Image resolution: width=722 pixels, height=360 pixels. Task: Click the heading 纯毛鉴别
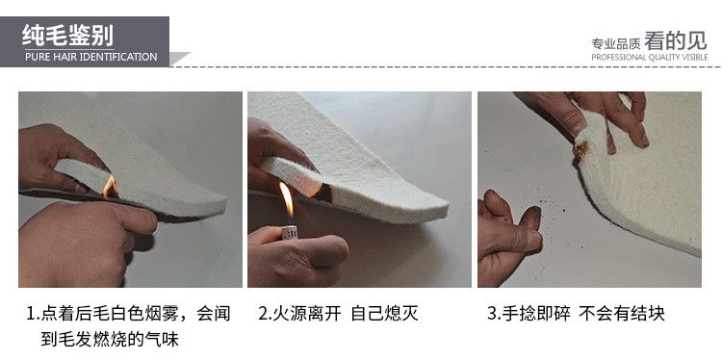[x=67, y=36]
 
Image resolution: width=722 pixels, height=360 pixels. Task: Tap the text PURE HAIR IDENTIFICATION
[x=91, y=57]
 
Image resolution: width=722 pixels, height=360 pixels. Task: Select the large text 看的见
[x=676, y=41]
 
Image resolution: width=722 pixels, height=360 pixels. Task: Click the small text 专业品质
[x=616, y=44]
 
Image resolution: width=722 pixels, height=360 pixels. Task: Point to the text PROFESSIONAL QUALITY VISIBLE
[x=650, y=58]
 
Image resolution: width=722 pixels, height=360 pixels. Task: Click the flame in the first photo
[x=111, y=186]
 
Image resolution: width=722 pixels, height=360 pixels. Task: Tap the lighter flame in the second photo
[x=287, y=199]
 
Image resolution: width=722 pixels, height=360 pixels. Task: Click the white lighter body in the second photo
[x=290, y=232]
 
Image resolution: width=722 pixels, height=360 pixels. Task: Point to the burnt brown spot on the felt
[x=581, y=149]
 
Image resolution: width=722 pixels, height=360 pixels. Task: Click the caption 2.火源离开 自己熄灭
[x=339, y=314]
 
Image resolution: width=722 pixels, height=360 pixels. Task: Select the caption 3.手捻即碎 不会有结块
[x=576, y=314]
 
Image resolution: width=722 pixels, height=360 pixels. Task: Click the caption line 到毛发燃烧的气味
[x=110, y=340]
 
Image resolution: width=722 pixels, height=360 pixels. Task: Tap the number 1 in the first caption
[x=31, y=314]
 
